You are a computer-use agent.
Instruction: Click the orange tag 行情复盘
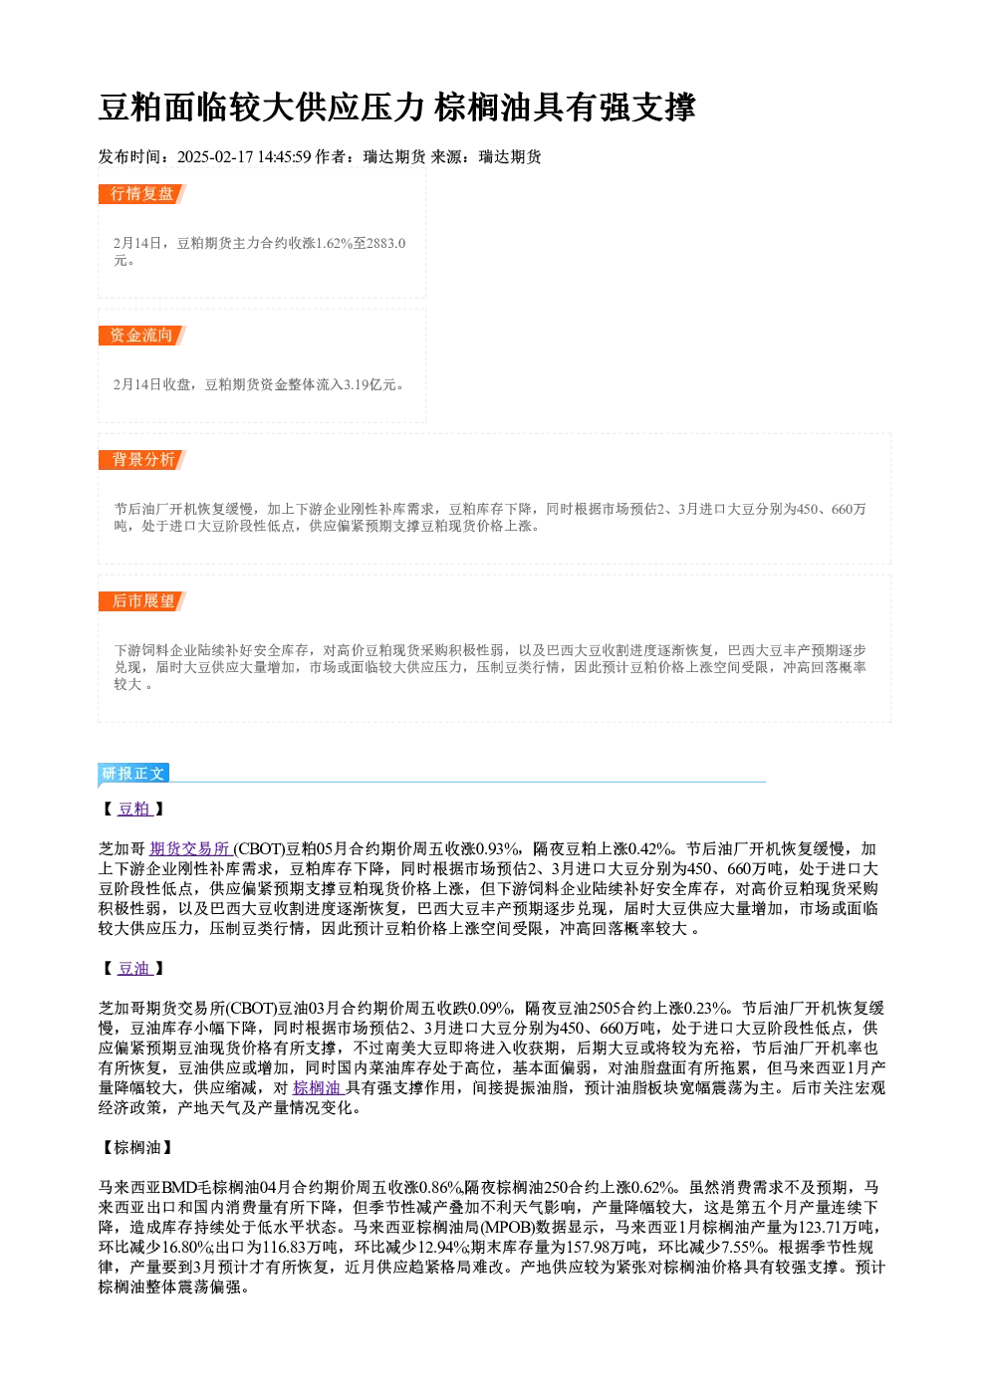pyautogui.click(x=142, y=194)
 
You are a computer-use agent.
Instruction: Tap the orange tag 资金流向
pyautogui.click(x=142, y=336)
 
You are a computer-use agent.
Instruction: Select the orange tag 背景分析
pyautogui.click(x=142, y=460)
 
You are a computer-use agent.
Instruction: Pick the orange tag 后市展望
pyautogui.click(x=142, y=601)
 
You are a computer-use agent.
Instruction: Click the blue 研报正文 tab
pyautogui.click(x=133, y=774)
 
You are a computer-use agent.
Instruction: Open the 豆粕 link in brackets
pyautogui.click(x=134, y=809)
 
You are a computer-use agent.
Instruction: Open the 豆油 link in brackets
pyautogui.click(x=134, y=969)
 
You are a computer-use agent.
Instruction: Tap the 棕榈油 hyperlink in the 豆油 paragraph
pyautogui.click(x=318, y=1088)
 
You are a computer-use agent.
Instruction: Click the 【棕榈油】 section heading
pyautogui.click(x=135, y=1147)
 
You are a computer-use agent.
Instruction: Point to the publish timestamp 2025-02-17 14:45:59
pyautogui.click(x=244, y=156)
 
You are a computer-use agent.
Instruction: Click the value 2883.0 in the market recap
pyautogui.click(x=386, y=243)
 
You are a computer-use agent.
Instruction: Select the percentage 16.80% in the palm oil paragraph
pyautogui.click(x=188, y=1248)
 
